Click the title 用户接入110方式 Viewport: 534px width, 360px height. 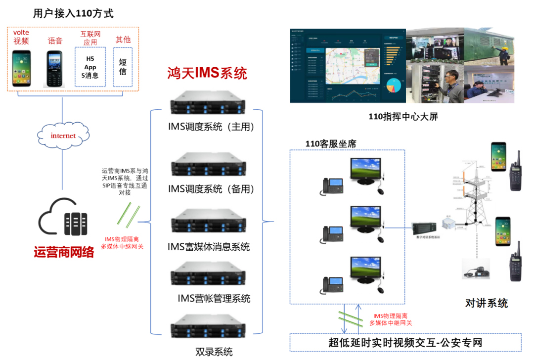(73, 13)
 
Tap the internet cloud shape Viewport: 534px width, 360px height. (63, 135)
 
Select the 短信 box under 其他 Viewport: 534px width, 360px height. (123, 67)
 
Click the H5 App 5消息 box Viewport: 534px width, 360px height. (90, 67)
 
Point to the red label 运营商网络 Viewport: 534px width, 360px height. (64, 252)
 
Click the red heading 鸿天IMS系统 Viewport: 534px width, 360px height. (207, 74)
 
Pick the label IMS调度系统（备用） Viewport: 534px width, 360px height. (211, 189)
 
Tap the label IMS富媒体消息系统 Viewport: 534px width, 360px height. (209, 246)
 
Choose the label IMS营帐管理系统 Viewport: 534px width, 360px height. (214, 298)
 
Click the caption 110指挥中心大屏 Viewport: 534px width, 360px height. (403, 117)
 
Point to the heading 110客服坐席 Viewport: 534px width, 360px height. (331, 144)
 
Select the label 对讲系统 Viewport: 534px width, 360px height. (487, 303)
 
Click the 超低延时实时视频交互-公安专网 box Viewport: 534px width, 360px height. (405, 342)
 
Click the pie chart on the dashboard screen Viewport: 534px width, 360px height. (393, 85)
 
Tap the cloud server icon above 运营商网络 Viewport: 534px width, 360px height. (63, 218)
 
